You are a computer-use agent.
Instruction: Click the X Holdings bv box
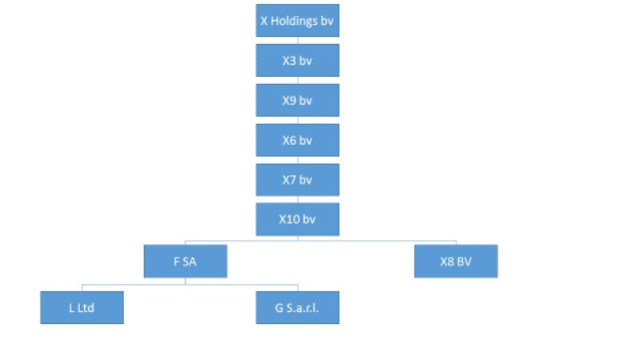[x=298, y=21]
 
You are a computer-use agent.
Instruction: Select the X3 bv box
[x=298, y=61]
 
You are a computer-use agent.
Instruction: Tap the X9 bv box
[x=298, y=101]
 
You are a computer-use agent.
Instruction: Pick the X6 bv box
[x=298, y=140]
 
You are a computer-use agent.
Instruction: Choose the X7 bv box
[x=298, y=179]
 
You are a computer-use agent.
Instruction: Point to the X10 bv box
[x=298, y=219]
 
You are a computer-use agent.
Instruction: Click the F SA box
[x=186, y=262]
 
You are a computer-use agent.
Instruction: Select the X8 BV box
[x=456, y=262]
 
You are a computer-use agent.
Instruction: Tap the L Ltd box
[x=82, y=308]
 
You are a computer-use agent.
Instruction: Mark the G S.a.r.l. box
[x=298, y=308]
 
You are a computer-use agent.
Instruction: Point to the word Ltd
[x=86, y=308]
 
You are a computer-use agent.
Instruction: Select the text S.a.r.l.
[x=302, y=308]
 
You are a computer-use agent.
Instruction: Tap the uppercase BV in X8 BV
[x=463, y=262]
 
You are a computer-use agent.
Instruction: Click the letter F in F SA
[x=177, y=262]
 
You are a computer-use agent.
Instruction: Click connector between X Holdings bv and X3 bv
[x=298, y=41]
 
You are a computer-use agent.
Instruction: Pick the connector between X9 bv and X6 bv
[x=298, y=121]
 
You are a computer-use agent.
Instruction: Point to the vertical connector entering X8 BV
[x=456, y=243]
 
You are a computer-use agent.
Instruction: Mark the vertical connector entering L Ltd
[x=82, y=288]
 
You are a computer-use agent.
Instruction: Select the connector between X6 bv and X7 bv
[x=298, y=160]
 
